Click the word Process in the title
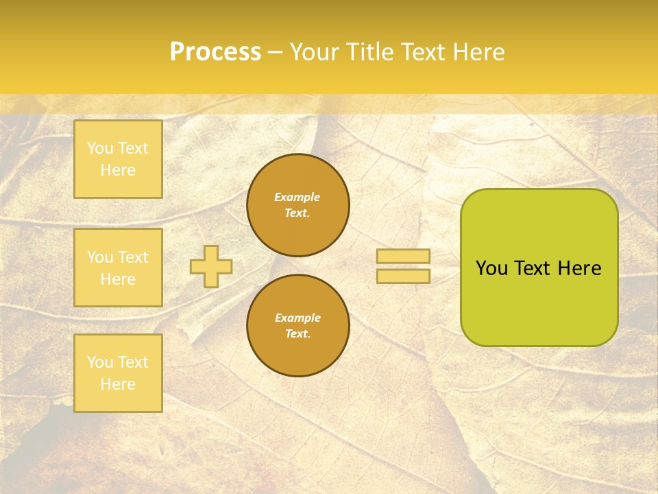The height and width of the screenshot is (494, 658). [x=215, y=52]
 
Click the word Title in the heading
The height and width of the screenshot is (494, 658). [x=371, y=52]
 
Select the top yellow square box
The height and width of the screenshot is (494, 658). [x=118, y=159]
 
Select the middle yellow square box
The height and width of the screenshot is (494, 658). [x=118, y=268]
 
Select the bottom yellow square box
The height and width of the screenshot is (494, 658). [x=118, y=373]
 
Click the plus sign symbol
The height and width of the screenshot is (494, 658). [x=211, y=266]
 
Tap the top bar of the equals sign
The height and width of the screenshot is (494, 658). [x=403, y=256]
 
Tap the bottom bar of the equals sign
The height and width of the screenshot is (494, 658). [x=403, y=276]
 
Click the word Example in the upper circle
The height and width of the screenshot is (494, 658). [x=297, y=197]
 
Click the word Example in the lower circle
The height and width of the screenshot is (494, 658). [x=297, y=318]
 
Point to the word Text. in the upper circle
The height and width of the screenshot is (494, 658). [x=297, y=213]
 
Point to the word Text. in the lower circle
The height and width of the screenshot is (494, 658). [x=297, y=333]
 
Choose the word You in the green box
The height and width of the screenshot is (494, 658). [x=491, y=268]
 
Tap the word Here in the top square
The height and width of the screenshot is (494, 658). [x=118, y=170]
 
